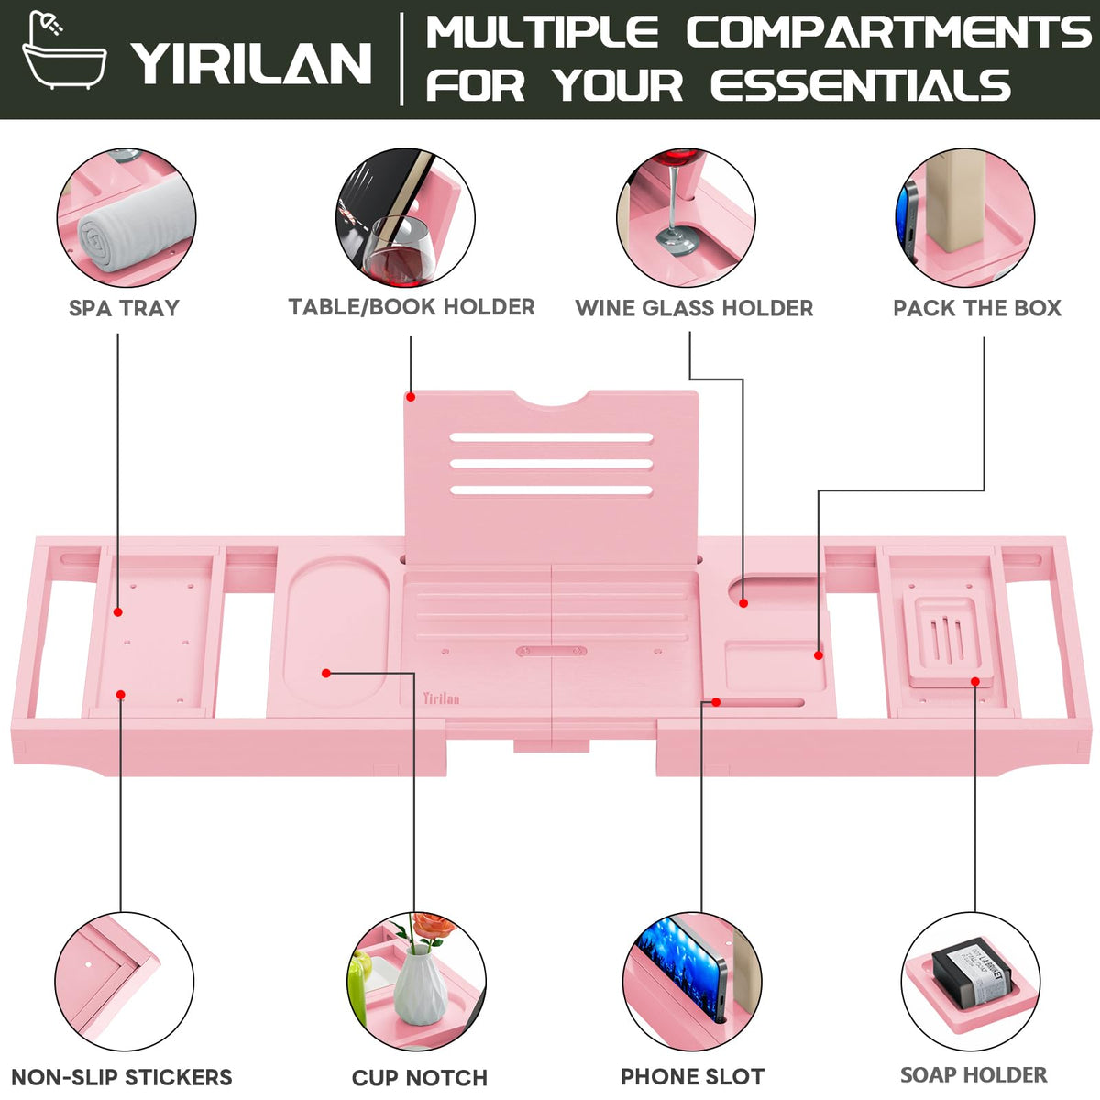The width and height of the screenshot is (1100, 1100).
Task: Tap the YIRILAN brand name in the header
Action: (x=252, y=63)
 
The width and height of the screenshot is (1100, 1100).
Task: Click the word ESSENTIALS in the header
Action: (x=860, y=85)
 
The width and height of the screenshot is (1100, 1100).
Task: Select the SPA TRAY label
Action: (x=124, y=308)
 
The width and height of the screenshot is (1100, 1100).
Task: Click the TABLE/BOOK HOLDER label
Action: (x=412, y=307)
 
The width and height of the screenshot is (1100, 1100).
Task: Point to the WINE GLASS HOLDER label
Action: (x=694, y=308)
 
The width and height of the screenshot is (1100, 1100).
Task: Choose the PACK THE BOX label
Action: (x=976, y=308)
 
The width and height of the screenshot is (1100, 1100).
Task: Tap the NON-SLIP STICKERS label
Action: (x=122, y=1077)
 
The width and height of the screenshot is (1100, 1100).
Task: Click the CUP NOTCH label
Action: (x=420, y=1078)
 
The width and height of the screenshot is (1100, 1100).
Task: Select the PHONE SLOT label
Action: (x=692, y=1076)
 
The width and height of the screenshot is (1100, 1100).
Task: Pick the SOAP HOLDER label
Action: (x=973, y=1075)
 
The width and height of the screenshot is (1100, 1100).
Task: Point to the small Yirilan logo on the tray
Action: (x=441, y=698)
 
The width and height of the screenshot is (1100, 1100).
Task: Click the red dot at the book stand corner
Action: (x=411, y=397)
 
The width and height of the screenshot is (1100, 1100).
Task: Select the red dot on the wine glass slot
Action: (x=743, y=603)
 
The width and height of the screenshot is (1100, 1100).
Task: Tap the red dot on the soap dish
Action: (x=975, y=682)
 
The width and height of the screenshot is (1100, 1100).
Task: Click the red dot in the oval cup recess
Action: (x=326, y=674)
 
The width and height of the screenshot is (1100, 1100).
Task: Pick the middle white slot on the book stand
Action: (x=551, y=464)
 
